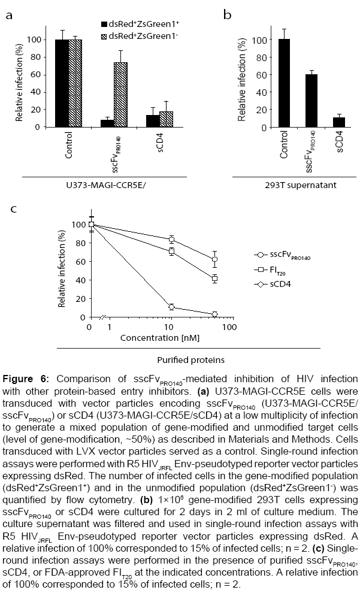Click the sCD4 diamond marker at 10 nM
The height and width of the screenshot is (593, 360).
(x=172, y=307)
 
